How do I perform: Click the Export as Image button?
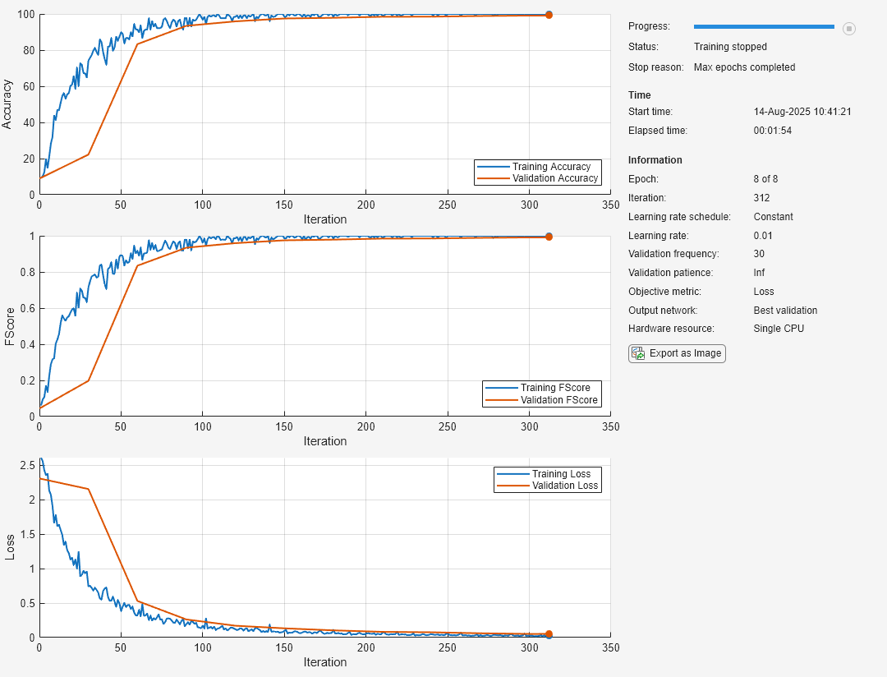click(677, 353)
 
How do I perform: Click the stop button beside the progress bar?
click(849, 29)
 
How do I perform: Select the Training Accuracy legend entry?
click(551, 167)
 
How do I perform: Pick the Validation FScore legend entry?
click(559, 400)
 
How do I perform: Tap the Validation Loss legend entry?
click(566, 486)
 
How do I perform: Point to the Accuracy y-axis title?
click(8, 104)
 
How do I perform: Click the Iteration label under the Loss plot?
click(325, 662)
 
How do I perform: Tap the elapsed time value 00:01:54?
click(772, 130)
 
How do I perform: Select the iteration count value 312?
click(762, 198)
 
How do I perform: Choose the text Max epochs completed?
click(744, 67)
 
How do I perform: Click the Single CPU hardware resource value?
click(779, 329)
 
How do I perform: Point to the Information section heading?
click(655, 160)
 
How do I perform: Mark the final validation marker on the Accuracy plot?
click(549, 15)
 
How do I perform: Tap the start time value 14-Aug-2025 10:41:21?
click(802, 112)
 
